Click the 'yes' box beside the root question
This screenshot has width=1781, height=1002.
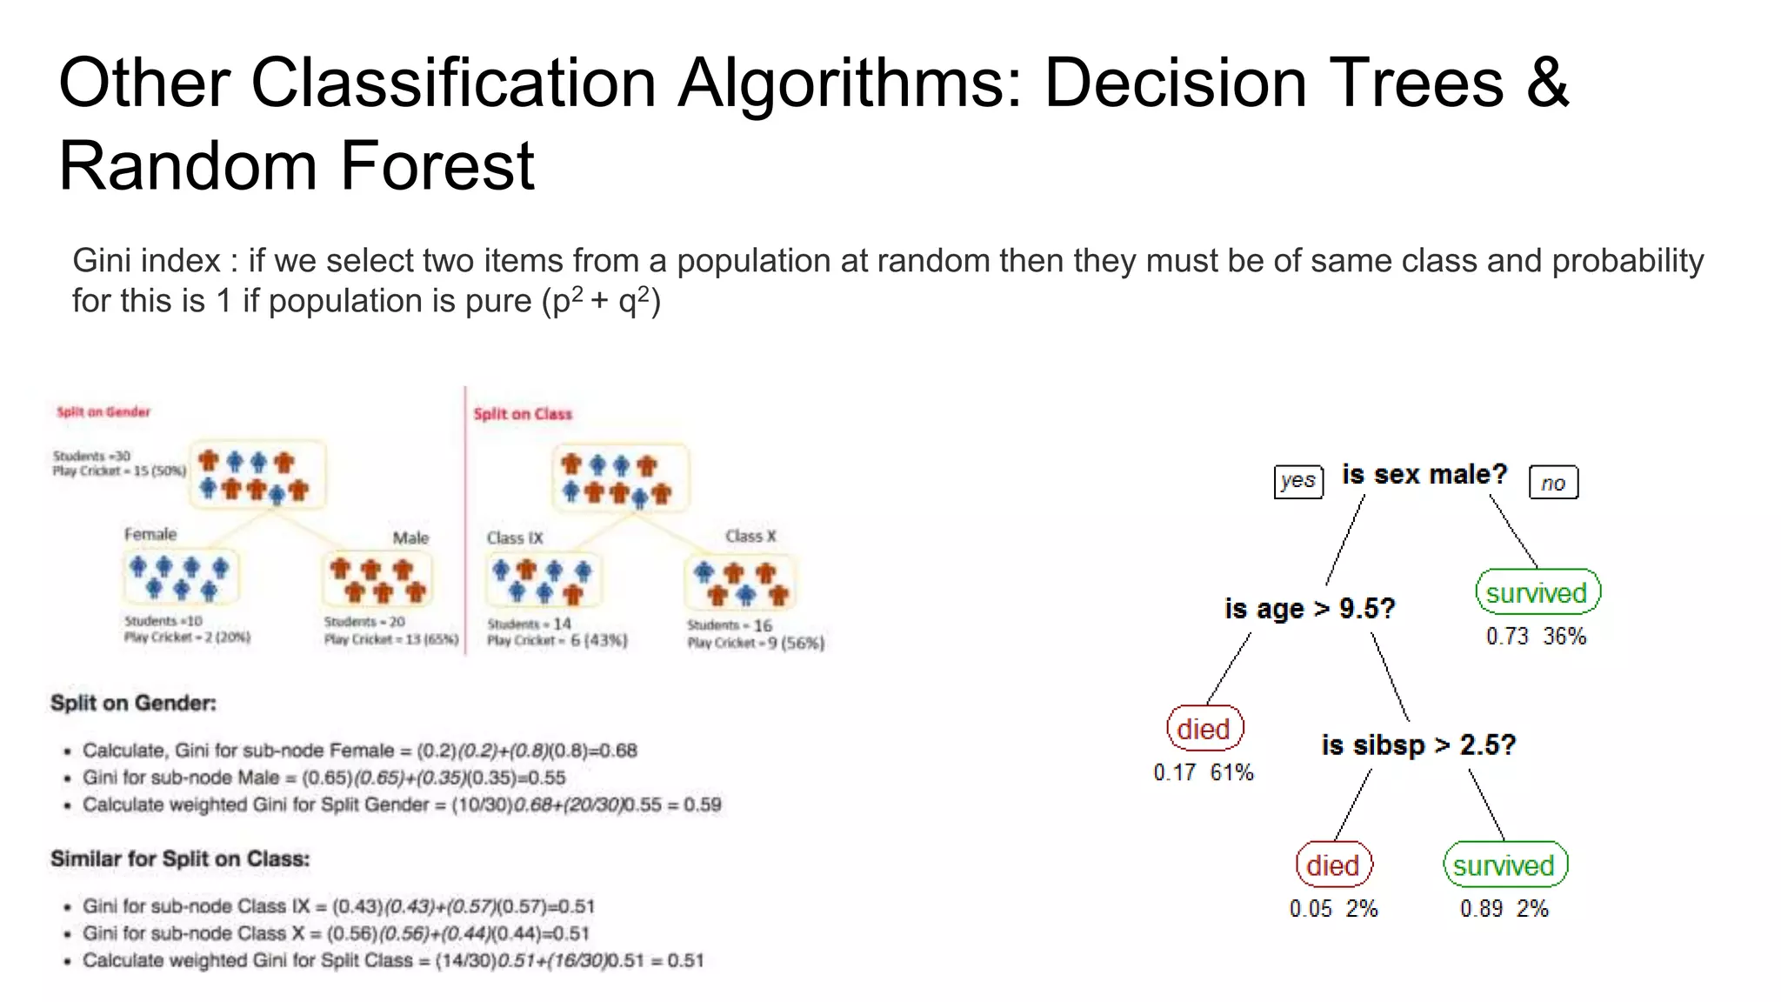point(1298,481)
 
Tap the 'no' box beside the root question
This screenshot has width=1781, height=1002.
point(1553,483)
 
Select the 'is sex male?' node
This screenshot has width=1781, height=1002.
point(1424,475)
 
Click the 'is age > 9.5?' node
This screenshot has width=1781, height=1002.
point(1310,609)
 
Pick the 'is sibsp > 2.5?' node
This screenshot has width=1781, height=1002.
point(1418,745)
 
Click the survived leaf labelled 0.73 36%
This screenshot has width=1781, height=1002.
point(1538,593)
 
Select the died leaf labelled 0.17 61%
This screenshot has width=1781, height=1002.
point(1204,729)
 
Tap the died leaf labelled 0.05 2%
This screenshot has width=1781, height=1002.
point(1333,865)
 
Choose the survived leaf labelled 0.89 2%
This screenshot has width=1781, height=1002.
point(1504,865)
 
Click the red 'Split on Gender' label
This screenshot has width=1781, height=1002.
point(103,412)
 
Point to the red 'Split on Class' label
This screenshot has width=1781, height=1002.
point(523,414)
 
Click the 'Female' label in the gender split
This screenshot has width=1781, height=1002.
point(150,534)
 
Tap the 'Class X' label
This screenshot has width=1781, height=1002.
point(750,537)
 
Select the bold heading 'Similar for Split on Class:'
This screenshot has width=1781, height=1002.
point(180,859)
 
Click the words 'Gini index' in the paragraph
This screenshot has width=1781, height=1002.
point(146,261)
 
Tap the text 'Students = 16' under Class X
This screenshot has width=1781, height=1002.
point(729,625)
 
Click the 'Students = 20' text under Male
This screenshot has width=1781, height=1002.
point(364,622)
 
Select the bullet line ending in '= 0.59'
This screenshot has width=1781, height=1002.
point(402,805)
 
